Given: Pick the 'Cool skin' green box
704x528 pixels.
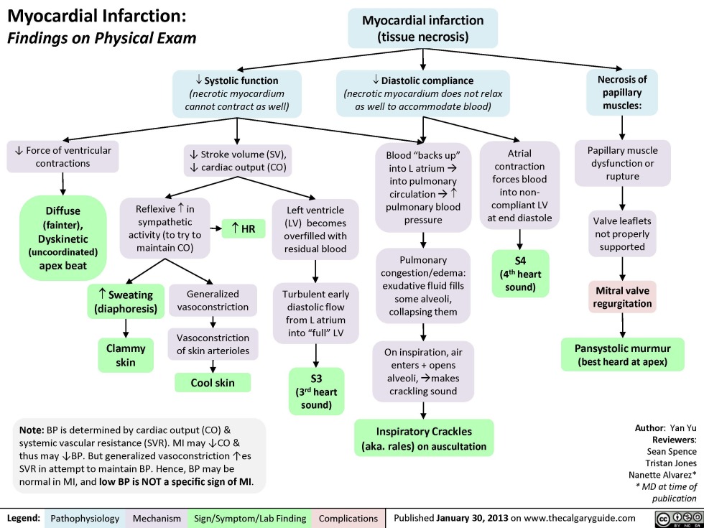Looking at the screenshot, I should (x=212, y=383).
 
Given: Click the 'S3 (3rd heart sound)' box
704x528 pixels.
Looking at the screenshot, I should (x=315, y=392).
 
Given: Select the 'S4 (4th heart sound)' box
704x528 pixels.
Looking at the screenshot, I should (x=522, y=272).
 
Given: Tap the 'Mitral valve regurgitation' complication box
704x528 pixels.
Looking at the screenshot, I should (x=622, y=297).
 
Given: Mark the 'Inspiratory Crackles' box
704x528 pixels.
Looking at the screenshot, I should (x=424, y=438).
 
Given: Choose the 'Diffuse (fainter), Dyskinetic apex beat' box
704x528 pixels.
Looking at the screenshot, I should (x=64, y=238).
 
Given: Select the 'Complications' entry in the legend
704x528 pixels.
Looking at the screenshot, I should (x=348, y=517).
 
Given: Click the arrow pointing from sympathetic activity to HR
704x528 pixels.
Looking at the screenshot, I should (x=215, y=229).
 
